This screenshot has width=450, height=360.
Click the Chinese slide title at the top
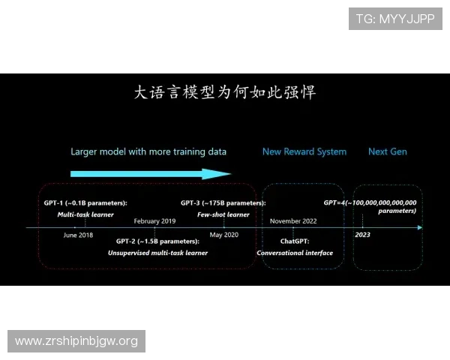225,93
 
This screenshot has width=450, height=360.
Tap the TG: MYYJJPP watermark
396,19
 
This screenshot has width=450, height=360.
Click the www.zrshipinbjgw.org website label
77,341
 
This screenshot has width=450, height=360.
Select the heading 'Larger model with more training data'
148,151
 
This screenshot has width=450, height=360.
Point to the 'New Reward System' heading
304,151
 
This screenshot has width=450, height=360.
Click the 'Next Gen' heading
388,151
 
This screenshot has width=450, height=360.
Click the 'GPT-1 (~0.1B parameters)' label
85,203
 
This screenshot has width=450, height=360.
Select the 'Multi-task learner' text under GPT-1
85,214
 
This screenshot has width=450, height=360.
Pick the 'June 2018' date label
79,235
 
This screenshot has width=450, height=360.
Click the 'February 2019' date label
154,221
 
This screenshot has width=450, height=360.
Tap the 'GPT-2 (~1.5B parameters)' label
158,241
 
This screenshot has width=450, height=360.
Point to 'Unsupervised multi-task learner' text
158,253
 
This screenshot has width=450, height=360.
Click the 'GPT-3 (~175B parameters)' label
223,203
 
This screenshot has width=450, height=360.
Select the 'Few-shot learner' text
223,214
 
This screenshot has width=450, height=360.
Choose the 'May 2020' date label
223,235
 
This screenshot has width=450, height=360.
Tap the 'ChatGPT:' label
295,241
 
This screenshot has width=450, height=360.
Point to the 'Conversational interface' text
295,253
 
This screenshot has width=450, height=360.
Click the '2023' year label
362,235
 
